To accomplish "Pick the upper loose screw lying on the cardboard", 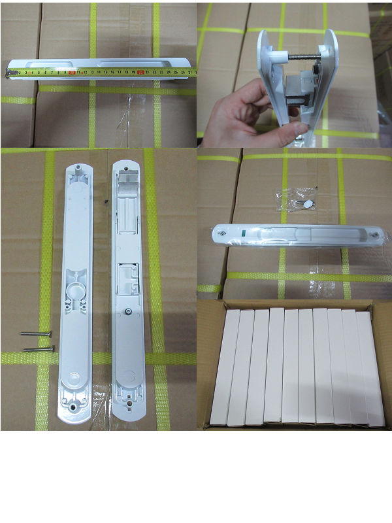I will coord(36,333).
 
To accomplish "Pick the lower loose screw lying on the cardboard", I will coord(39,348).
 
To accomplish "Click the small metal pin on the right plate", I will coord(130,311).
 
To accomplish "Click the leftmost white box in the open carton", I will coord(225,366).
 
